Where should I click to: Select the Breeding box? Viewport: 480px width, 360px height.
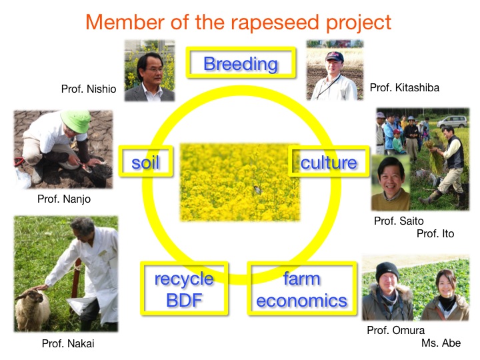(241, 63)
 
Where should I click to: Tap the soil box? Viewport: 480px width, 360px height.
(146, 161)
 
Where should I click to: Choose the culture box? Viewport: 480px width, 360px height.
(329, 161)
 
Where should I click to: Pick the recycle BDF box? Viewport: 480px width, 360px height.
(184, 289)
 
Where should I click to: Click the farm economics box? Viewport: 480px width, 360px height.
(302, 289)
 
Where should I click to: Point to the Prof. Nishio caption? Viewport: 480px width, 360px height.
(89, 89)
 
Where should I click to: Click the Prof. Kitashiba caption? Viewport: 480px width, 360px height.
(405, 88)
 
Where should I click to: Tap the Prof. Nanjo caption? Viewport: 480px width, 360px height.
(64, 199)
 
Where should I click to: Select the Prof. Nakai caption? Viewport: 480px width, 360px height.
(68, 343)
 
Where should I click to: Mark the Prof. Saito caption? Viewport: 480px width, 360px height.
(399, 221)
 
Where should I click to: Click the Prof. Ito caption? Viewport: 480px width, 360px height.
(435, 234)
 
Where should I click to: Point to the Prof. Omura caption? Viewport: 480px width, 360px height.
(395, 330)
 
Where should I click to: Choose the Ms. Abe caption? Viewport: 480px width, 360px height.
(441, 343)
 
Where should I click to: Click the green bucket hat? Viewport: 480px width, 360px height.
(76, 121)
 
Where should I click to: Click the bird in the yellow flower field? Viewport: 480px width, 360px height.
(257, 190)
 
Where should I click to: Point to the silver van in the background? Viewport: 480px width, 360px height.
(452, 122)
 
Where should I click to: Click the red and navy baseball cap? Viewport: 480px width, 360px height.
(335, 56)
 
